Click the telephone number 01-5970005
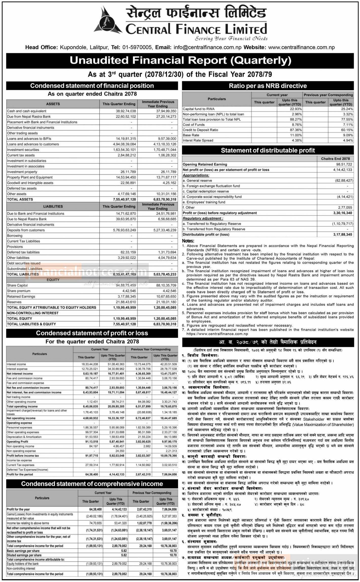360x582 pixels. click(137, 47)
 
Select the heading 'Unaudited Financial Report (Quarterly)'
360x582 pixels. click(180, 61)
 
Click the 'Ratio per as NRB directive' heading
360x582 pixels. click(268, 86)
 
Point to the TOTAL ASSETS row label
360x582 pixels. click(20, 199)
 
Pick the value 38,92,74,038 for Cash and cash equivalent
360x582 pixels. click(126, 111)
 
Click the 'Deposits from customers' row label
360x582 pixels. click(26, 230)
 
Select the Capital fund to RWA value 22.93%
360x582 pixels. click(296, 109)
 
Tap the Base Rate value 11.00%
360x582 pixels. click(296, 135)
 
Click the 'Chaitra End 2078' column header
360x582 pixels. click(335, 159)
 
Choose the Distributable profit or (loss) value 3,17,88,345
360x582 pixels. click(343, 234)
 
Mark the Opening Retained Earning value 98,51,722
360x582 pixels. click(344, 164)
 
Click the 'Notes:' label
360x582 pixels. click(188, 241)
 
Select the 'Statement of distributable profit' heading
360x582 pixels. click(268, 150)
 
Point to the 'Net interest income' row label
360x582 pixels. click(20, 373)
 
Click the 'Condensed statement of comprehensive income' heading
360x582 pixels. click(92, 484)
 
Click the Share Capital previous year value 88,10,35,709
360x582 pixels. click(166, 285)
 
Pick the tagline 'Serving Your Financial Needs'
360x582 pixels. click(231, 39)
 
